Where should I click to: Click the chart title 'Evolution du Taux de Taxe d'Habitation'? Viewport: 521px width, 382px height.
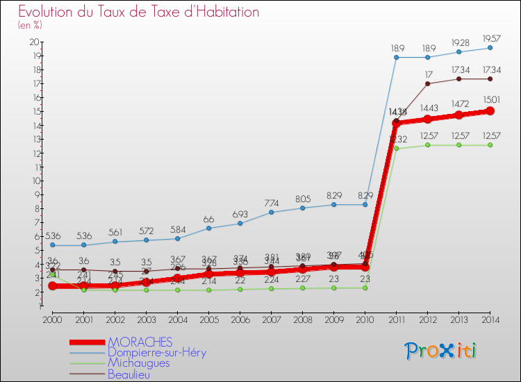click(139, 13)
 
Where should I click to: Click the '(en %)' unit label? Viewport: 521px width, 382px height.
click(30, 25)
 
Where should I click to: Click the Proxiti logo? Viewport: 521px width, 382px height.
click(440, 351)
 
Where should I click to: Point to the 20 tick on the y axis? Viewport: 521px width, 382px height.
click(34, 42)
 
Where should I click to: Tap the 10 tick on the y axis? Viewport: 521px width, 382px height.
click(34, 181)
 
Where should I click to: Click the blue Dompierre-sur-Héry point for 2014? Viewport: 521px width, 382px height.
click(490, 48)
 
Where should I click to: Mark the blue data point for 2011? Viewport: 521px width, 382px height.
click(396, 57)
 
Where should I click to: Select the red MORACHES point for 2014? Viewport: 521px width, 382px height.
click(490, 111)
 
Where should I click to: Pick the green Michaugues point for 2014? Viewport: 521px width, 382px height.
click(490, 145)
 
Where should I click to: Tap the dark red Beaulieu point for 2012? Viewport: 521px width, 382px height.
click(427, 83)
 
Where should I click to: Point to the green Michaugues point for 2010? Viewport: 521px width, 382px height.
click(365, 288)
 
